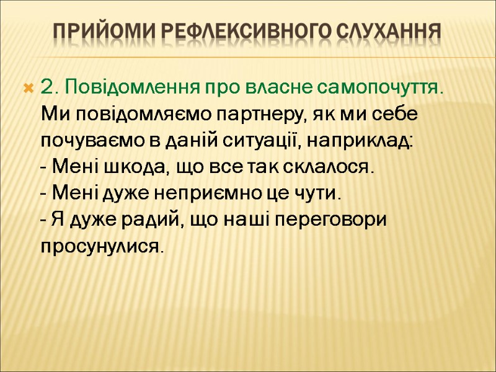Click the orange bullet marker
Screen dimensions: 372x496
27,89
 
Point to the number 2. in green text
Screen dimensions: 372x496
49,88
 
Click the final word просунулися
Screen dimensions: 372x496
103,247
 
